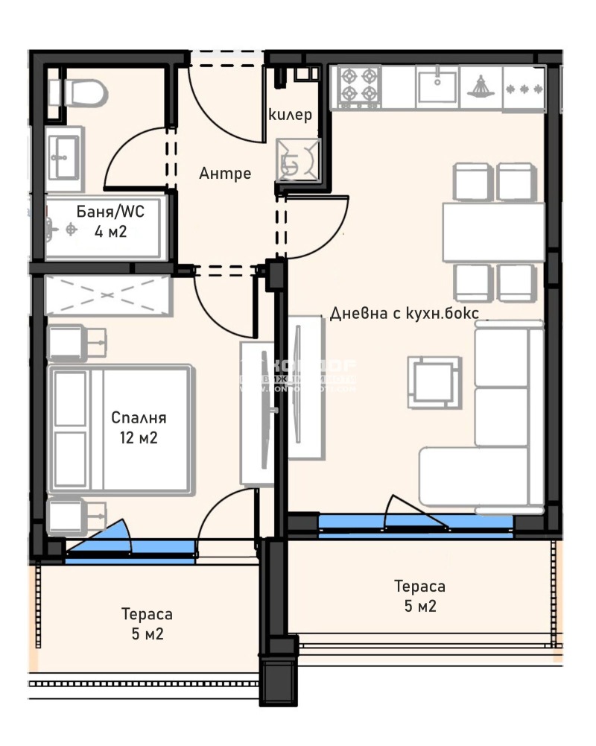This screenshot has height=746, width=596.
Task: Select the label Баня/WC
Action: (111, 212)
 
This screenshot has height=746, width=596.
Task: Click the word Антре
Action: (225, 174)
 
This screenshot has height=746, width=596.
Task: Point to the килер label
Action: (290, 116)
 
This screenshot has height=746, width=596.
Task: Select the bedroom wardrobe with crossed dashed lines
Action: (109, 295)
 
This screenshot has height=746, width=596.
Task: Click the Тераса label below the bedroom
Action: (147, 614)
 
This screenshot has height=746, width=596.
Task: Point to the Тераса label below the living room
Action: (420, 587)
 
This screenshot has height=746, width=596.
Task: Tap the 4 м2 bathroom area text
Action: (111, 232)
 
